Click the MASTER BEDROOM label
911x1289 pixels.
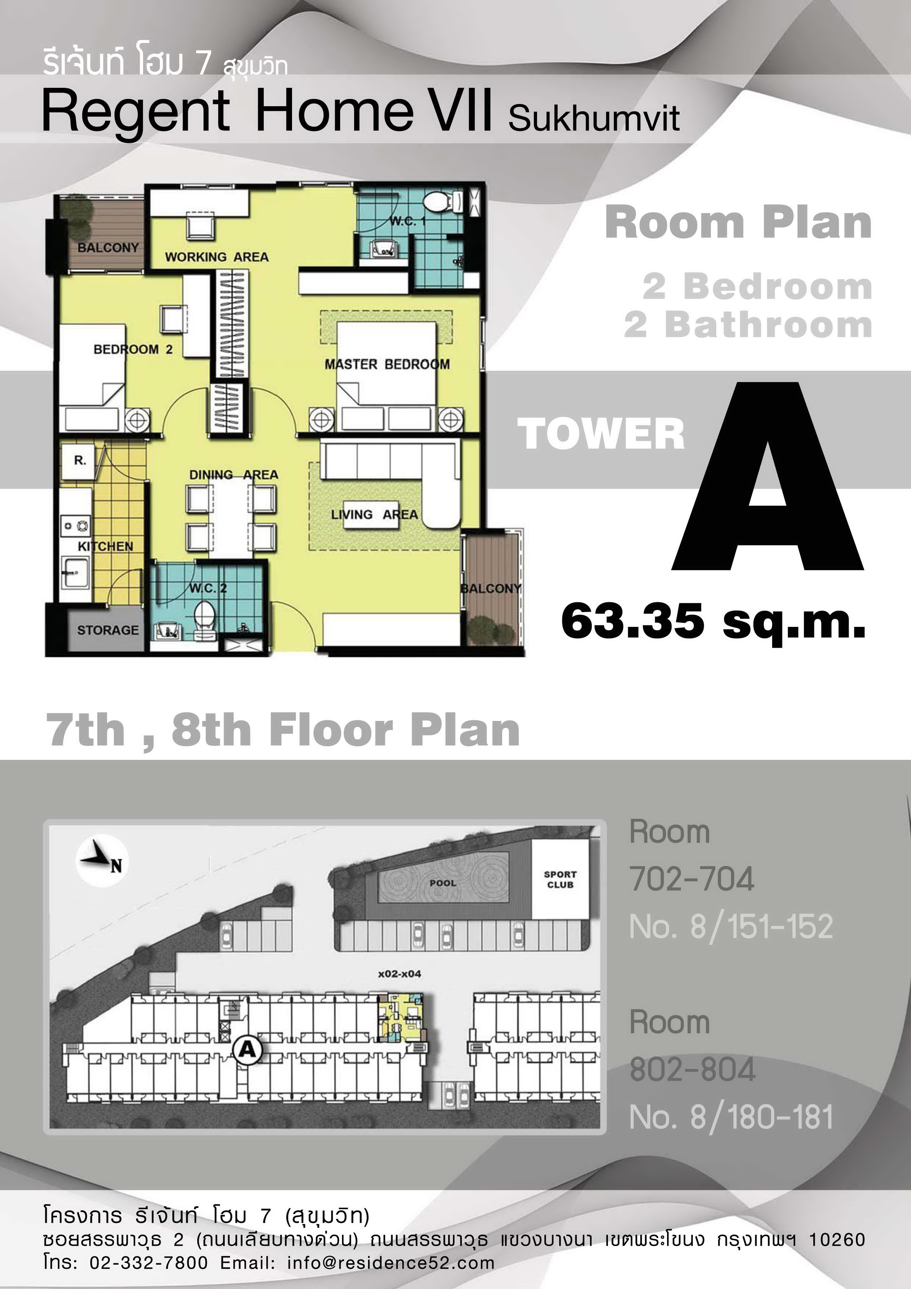[x=387, y=365]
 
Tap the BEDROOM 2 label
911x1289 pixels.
[x=133, y=349]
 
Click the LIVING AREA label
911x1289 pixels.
[x=374, y=514]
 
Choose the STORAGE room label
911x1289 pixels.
[x=108, y=630]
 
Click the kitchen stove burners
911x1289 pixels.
[x=76, y=526]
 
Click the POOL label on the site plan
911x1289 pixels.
[x=443, y=883]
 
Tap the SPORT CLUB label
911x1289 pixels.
[x=560, y=880]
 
